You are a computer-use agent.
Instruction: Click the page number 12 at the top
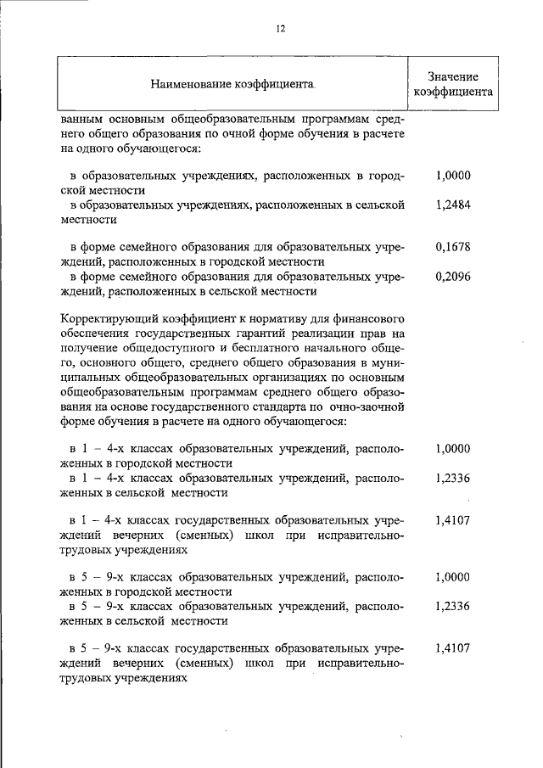280,28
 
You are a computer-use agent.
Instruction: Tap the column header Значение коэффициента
452,84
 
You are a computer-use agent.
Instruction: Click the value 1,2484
452,205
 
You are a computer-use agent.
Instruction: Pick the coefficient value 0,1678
452,247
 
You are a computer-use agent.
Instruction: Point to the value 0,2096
452,277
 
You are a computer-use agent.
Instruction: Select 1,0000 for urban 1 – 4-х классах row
452,449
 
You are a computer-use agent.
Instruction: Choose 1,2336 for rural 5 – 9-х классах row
452,606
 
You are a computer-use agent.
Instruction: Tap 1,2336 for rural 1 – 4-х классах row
452,478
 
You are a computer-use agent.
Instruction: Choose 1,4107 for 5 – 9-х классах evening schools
452,648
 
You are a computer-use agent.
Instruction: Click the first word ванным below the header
84,119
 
